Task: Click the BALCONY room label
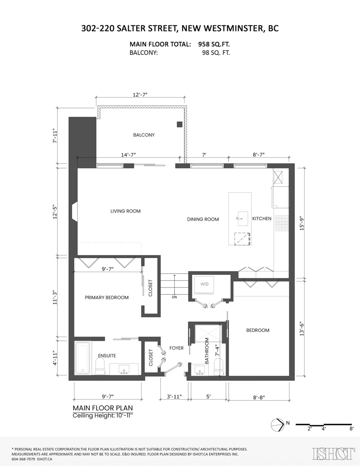144,135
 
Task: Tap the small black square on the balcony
179,124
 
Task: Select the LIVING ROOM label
125,211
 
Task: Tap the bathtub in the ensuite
83,358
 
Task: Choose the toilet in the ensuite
100,365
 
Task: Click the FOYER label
176,348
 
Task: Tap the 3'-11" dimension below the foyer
174,397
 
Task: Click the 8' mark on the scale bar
351,429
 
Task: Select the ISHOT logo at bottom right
334,454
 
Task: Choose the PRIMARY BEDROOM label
107,297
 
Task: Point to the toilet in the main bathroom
219,366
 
